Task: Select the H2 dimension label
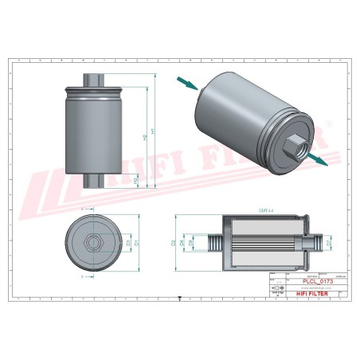tap(144, 136)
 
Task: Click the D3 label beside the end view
tap(128, 241)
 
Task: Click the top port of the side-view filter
tap(94, 78)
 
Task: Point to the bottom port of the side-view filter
tap(94, 182)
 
